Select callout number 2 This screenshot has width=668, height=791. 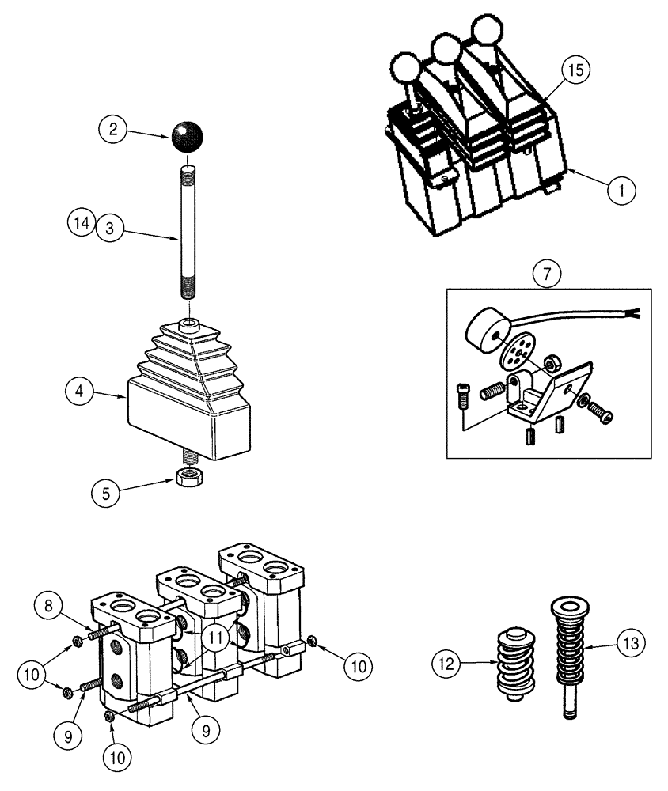tap(113, 128)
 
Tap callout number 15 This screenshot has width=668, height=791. tap(575, 70)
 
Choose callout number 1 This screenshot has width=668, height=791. tap(621, 190)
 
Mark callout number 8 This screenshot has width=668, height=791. tap(47, 607)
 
